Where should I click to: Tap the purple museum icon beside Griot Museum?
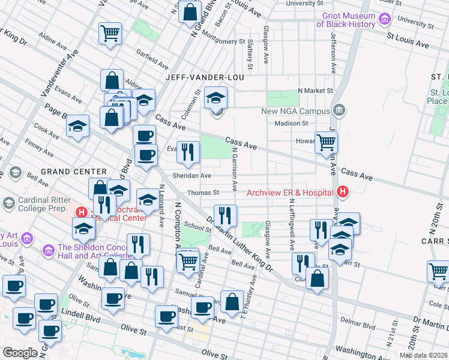coord(384,20)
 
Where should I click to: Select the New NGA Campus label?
coord(295,111)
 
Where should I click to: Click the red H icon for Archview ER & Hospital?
coord(342,193)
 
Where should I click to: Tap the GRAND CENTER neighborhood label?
coord(69,172)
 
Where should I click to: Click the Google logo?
coord(20,352)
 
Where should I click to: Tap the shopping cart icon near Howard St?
coord(326,142)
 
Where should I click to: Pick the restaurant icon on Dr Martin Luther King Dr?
coord(225,214)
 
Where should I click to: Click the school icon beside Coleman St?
coord(215,97)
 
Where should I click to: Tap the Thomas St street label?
coord(203,193)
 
